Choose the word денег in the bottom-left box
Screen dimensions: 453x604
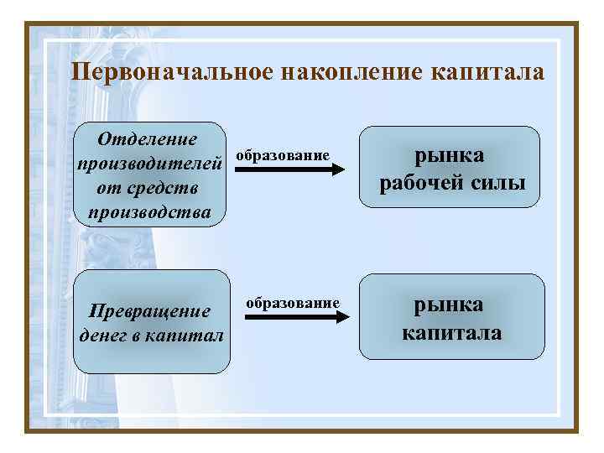[x=105, y=336]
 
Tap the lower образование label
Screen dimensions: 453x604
[x=292, y=303]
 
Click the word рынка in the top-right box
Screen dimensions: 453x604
[x=451, y=155]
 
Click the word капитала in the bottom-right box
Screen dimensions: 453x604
[x=451, y=332]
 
